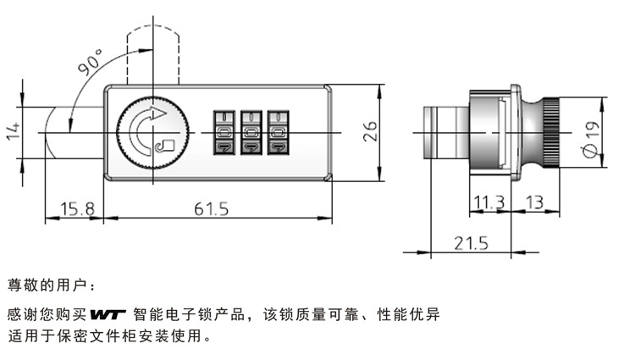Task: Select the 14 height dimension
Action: pos(12,131)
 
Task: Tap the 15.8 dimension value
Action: pos(75,208)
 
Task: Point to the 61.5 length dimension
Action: pos(212,208)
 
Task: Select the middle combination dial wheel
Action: pos(251,132)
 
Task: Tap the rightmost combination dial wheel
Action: pos(277,132)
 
